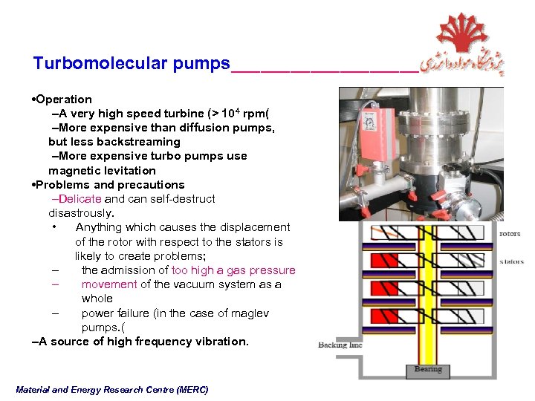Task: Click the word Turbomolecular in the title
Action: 101,64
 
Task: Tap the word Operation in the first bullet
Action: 64,100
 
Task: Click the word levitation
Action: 131,170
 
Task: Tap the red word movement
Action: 109,284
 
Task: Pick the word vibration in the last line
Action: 221,342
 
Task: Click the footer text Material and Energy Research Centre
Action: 111,390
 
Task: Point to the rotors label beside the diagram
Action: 510,234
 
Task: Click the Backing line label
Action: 340,345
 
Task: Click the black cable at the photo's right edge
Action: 496,149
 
